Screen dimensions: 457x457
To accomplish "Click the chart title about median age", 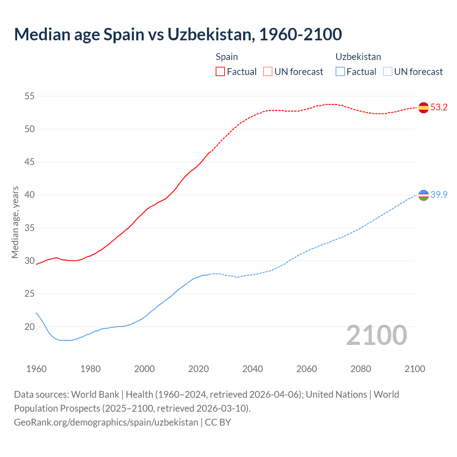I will pyautogui.click(x=178, y=34).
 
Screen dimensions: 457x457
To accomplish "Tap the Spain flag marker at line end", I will pyautogui.click(x=423, y=107).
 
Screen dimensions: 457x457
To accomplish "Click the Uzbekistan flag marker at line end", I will pyautogui.click(x=423, y=195).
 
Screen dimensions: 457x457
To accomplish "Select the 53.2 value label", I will pyautogui.click(x=439, y=107).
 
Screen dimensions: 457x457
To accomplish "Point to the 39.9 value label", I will pyautogui.click(x=439, y=195).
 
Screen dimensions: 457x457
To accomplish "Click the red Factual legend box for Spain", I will pyautogui.click(x=220, y=72).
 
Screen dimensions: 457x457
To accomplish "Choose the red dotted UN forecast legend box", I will pyautogui.click(x=268, y=72).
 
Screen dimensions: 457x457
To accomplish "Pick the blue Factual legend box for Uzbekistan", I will pyautogui.click(x=340, y=72).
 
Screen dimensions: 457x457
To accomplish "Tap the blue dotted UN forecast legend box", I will pyautogui.click(x=388, y=72).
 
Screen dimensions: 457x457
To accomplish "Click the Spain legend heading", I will pyautogui.click(x=227, y=57).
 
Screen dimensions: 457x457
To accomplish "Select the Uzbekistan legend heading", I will pyautogui.click(x=358, y=57).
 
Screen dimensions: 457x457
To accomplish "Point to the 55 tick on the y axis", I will pyautogui.click(x=30, y=96).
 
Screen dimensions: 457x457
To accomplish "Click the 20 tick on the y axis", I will pyautogui.click(x=30, y=327).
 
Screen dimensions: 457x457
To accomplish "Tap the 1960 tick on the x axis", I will pyautogui.click(x=36, y=369).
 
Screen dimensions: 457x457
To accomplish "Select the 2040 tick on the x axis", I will pyautogui.click(x=252, y=369).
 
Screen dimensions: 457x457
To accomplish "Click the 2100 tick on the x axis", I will pyautogui.click(x=415, y=369).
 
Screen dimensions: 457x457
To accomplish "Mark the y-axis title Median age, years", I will pyautogui.click(x=15, y=222).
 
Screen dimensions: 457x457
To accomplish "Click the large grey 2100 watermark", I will pyautogui.click(x=376, y=335).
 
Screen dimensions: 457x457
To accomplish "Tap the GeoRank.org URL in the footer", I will pyautogui.click(x=106, y=422).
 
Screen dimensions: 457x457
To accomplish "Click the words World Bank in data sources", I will pyautogui.click(x=95, y=395).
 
